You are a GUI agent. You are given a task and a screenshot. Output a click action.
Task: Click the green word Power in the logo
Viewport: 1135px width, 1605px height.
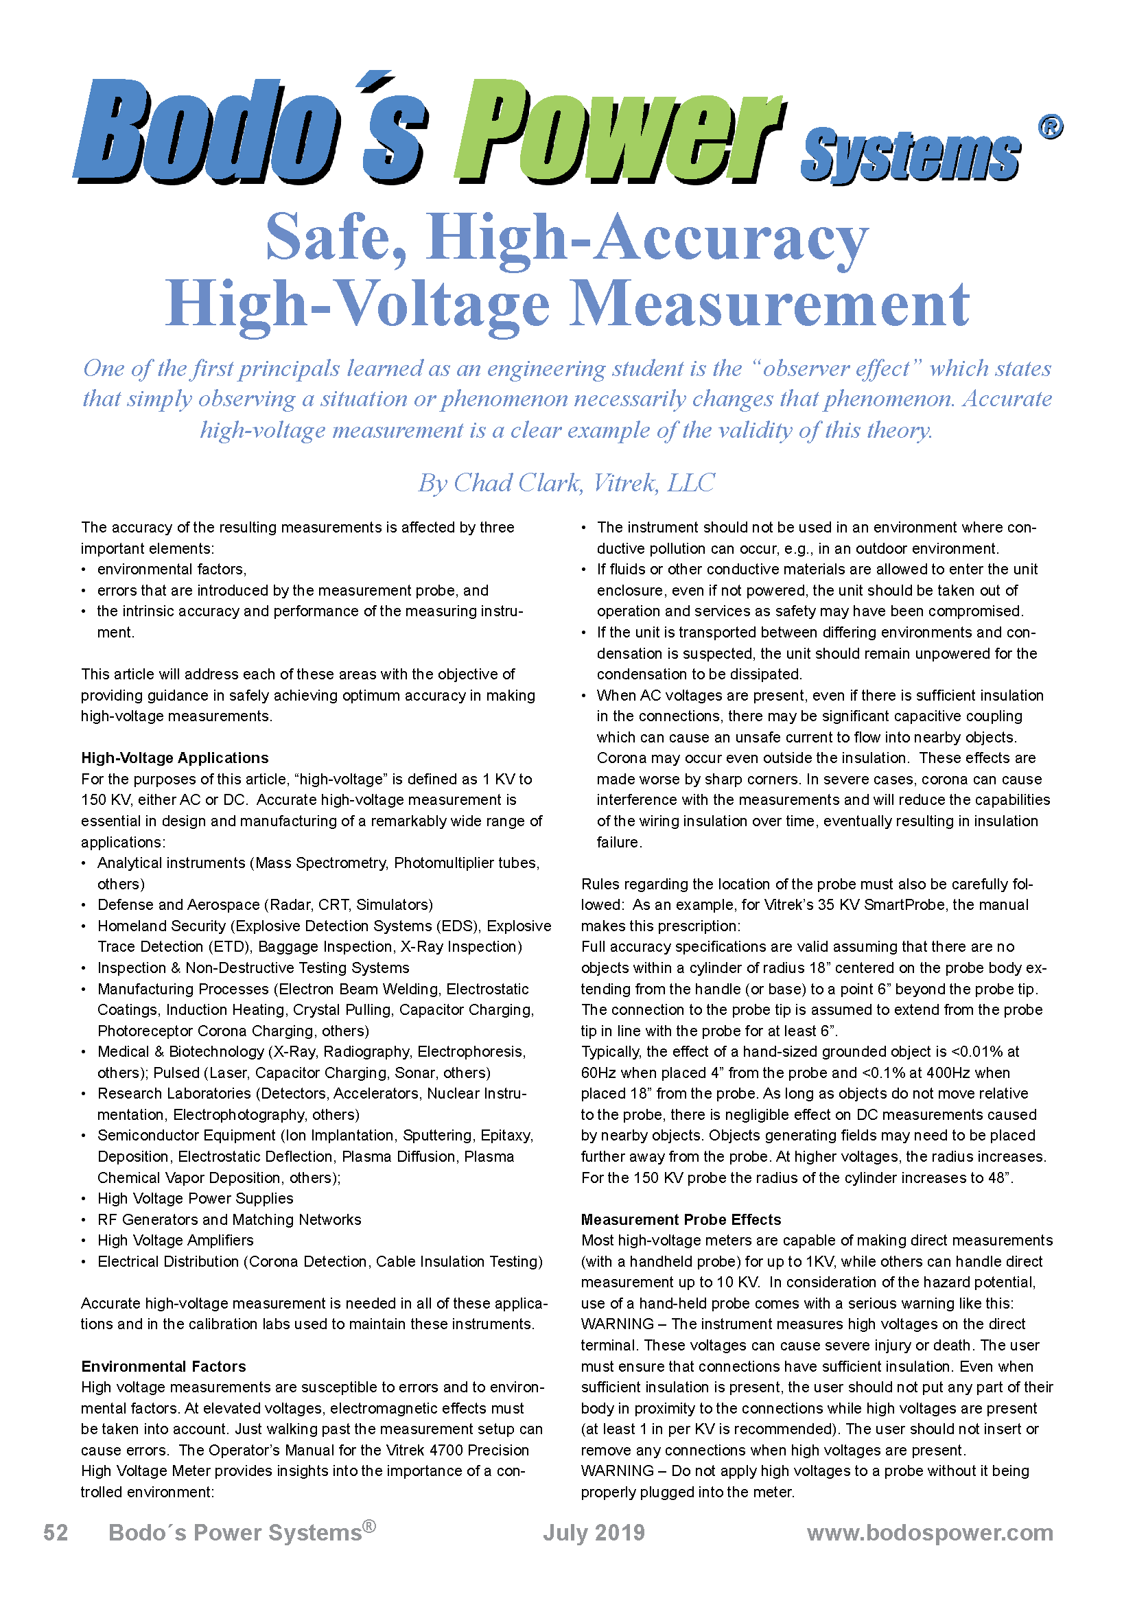click(618, 133)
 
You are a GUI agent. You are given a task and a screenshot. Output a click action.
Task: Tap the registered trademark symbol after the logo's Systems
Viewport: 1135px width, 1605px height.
click(1050, 127)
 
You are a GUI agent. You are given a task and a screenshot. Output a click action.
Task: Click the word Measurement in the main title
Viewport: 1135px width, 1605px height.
click(769, 304)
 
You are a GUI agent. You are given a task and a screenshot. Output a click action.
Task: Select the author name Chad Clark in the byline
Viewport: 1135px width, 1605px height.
click(518, 482)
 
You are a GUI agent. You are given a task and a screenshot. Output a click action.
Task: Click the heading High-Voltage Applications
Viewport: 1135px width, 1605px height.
click(175, 758)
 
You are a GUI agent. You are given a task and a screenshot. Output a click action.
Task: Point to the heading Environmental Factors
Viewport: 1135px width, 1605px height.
click(163, 1366)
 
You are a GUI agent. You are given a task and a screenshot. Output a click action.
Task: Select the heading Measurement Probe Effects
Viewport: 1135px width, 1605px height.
click(681, 1219)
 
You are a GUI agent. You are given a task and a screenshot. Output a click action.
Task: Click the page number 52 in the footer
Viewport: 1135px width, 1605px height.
click(56, 1532)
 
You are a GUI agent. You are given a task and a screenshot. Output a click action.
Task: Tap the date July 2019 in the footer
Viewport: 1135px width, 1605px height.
click(594, 1532)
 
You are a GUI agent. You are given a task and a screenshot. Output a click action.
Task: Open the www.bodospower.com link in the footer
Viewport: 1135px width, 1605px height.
click(930, 1532)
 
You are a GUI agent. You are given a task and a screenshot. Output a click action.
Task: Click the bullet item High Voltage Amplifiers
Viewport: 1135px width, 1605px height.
click(176, 1240)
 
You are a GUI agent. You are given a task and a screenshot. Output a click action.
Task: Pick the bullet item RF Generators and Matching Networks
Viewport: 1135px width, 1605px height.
click(229, 1219)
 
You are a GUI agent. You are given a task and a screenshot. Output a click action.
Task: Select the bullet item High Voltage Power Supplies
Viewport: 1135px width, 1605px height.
click(195, 1198)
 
